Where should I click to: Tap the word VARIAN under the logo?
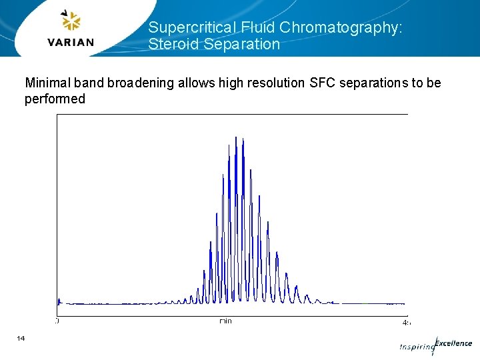[71, 43]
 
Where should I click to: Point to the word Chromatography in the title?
[341, 27]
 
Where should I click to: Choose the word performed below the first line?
[55, 99]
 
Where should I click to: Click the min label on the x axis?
[226, 321]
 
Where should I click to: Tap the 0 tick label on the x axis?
[57, 321]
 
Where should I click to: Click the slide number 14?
[21, 339]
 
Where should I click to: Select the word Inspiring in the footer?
[416, 347]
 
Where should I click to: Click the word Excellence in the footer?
[453, 343]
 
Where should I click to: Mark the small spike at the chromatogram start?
[59, 300]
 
